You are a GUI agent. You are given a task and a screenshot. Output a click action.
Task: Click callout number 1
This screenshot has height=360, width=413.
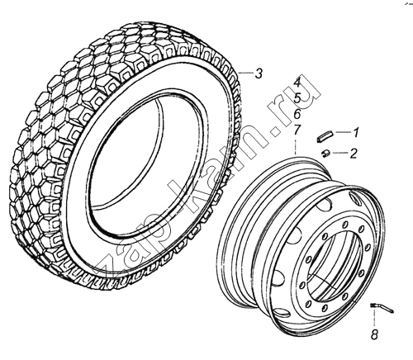[x=355, y=133]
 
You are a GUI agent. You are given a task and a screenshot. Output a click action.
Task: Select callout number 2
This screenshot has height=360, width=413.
[x=354, y=153]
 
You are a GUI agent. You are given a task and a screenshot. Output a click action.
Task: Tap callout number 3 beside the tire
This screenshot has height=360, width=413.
[x=259, y=73]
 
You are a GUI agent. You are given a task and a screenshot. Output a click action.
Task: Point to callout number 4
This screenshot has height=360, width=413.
[x=297, y=83]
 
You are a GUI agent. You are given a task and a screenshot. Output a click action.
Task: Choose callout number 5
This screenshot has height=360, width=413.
[x=297, y=98]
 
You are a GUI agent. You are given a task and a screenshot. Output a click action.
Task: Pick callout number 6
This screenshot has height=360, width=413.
[x=297, y=114]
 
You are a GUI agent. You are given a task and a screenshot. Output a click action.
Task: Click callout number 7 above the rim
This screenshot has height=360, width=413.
[x=296, y=130]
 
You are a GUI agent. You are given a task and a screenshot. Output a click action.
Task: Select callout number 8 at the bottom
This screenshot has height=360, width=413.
[x=374, y=334]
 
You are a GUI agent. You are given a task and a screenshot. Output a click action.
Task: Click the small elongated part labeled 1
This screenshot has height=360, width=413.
[x=325, y=136]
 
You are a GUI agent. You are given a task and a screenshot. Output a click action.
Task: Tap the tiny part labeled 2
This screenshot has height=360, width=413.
[x=326, y=153]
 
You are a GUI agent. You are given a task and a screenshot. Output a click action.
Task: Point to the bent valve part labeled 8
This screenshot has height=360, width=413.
[x=382, y=308]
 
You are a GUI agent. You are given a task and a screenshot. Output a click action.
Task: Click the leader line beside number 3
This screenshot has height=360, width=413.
[x=246, y=73]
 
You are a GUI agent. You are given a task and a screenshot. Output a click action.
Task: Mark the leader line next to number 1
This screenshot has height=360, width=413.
[x=343, y=132]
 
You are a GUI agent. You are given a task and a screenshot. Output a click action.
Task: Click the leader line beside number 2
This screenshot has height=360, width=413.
[x=339, y=153]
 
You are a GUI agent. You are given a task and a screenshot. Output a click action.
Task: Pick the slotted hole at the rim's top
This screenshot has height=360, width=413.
[x=355, y=198]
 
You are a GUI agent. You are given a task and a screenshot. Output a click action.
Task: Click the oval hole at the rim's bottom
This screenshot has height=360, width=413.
[x=282, y=312]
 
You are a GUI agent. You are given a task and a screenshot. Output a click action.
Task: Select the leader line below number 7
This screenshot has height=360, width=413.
[x=296, y=146]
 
